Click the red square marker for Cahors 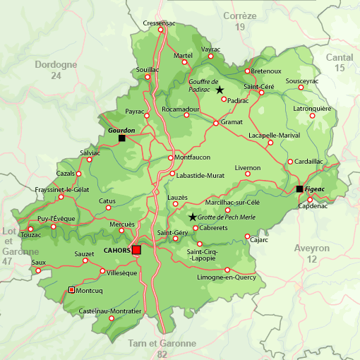click(136, 250)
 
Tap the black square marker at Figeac click(300, 188)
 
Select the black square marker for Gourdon click(122, 138)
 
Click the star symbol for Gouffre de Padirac click(220, 90)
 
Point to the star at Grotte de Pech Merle click(192, 217)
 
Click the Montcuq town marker click(71, 289)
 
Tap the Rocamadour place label click(180, 109)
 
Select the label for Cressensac click(159, 23)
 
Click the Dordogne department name click(55, 64)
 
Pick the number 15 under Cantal click(340, 68)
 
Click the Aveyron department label click(312, 248)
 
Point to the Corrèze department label click(240, 16)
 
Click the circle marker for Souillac click(148, 78)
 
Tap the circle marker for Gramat click(216, 124)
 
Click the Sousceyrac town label click(302, 81)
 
